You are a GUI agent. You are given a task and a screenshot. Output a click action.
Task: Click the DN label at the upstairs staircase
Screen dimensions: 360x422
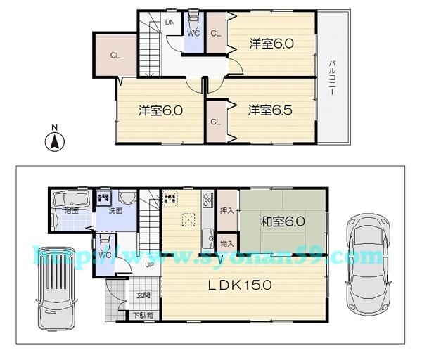point(170,22)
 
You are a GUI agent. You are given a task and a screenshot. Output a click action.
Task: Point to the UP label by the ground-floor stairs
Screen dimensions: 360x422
point(149,266)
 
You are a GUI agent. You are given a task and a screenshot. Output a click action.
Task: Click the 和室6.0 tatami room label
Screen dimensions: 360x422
point(283,222)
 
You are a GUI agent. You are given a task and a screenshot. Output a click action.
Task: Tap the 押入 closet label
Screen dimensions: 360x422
point(226,210)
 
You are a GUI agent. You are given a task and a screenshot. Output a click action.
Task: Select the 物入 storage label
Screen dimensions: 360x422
point(226,243)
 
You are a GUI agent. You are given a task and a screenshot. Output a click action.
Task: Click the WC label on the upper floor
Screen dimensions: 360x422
point(193,32)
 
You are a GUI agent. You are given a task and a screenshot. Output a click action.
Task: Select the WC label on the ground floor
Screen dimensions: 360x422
point(104,254)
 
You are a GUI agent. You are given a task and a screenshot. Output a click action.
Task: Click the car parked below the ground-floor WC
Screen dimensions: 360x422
point(56,289)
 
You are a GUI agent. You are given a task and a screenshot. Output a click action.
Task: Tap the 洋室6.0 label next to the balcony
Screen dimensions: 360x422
point(271,44)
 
